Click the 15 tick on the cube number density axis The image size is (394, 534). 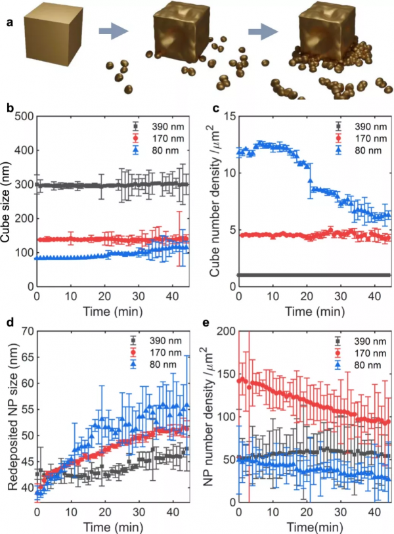click(223, 116)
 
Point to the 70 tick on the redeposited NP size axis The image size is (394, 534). click(28, 330)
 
